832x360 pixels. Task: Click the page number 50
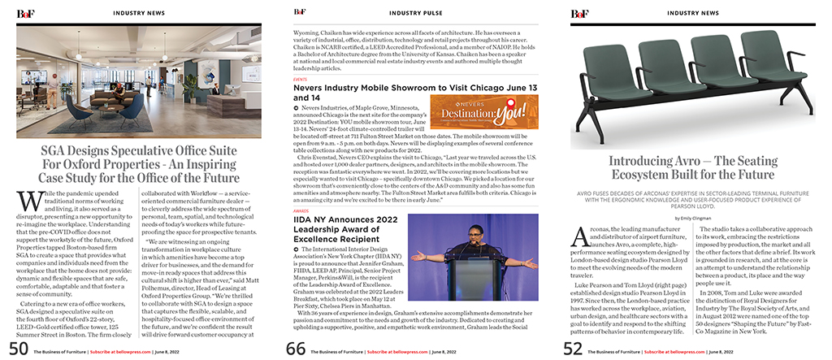[x=18, y=348]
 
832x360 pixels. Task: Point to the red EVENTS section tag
[x=300, y=80]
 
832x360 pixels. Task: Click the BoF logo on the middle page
[x=300, y=12]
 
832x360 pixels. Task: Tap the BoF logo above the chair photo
[x=579, y=12]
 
